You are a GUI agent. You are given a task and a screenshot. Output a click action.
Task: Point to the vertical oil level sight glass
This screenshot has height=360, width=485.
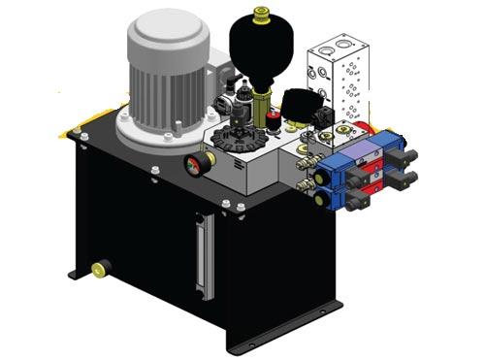click(x=201, y=255)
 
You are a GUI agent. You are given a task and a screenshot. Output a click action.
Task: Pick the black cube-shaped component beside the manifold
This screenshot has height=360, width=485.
click(x=297, y=102)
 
